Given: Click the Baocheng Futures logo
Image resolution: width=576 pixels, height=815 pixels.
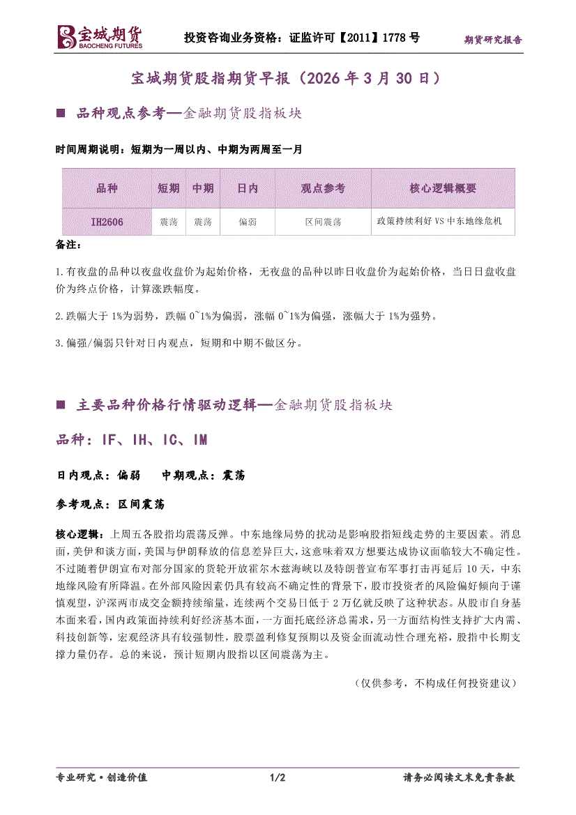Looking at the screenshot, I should coord(99,37).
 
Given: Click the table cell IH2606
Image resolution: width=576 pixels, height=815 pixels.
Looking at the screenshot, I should coord(107,222).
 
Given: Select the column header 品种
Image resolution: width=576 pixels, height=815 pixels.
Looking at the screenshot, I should coord(107,188).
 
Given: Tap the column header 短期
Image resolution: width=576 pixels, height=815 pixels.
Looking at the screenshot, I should coord(168,188).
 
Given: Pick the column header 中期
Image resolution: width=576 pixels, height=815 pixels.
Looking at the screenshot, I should coord(202,188).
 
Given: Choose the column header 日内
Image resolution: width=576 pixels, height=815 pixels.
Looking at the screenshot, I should coord(248,188).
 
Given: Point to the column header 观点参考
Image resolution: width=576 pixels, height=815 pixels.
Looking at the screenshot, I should coord(323,188).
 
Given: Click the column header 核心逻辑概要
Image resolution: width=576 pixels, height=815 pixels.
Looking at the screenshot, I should coord(443,188).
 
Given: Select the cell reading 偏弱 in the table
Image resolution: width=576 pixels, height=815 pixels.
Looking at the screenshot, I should coord(248,222).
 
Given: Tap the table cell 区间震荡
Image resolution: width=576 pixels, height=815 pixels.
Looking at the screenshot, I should coord(323,222).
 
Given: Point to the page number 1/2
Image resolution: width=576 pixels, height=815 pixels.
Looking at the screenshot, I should coord(278,777).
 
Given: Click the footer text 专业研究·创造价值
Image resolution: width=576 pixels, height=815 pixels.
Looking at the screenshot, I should coord(101,777).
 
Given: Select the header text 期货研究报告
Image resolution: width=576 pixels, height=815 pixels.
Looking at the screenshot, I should coord(493,40).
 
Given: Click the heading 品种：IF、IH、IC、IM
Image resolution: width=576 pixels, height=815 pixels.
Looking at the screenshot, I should coord(132,440).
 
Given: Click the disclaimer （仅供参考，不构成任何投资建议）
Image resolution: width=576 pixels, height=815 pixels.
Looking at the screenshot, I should coord(435,683).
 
